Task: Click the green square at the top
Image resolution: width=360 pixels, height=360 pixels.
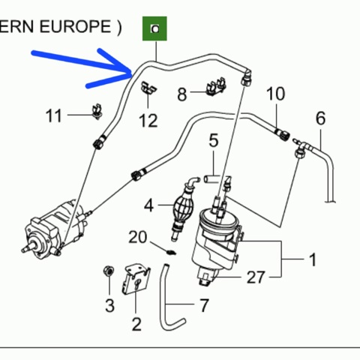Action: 154,28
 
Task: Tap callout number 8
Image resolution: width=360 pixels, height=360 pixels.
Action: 182,94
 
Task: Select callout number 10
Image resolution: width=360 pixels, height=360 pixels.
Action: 275,94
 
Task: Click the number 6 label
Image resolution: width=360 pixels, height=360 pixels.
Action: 321,118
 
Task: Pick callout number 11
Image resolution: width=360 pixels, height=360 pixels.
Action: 53,115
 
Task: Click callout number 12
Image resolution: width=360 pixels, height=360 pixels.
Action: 148,121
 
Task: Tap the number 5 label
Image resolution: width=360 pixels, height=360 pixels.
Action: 214,140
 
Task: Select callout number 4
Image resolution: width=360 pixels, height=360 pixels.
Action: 148,205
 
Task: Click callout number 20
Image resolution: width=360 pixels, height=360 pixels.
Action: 138,237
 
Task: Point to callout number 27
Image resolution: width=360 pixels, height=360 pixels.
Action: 256,277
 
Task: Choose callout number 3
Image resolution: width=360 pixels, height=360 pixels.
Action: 109,305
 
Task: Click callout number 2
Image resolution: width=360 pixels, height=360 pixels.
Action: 136,324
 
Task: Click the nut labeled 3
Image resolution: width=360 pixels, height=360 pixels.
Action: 109,271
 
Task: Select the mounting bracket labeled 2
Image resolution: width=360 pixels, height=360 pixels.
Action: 136,279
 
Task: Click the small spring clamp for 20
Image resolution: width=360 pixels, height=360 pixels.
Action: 172,253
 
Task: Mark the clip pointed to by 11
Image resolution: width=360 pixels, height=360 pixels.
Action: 97,111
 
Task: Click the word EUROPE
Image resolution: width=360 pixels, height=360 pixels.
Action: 75,26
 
